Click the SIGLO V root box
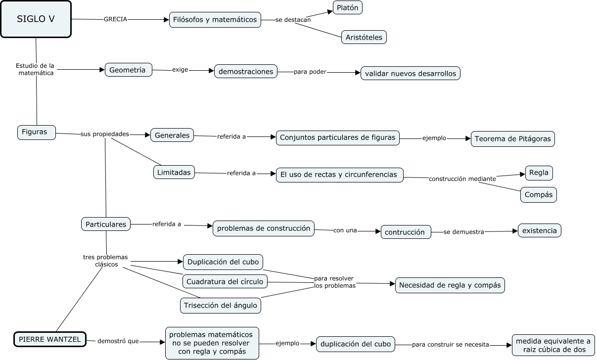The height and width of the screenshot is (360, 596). point(36,19)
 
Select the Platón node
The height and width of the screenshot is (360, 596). point(348,7)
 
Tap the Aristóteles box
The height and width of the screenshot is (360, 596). point(364,37)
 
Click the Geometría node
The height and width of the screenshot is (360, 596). point(129,70)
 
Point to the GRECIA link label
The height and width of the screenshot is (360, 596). point(115,19)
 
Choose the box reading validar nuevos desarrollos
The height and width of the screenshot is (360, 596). point(411,74)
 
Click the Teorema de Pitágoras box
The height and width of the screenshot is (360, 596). point(513,139)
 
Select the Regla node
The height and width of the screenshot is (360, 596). point(539,173)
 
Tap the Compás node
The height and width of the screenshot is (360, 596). point(539,195)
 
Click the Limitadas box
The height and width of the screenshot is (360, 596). point(174,173)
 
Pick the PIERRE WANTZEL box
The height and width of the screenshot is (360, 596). point(50,339)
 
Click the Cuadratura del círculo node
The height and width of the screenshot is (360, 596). point(225,281)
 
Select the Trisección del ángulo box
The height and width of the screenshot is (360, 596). point(220,306)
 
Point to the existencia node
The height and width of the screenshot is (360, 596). point(539,230)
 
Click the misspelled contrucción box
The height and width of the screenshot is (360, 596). point(406,232)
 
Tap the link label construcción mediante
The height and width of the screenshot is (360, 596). point(462,179)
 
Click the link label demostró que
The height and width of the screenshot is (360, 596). point(118,341)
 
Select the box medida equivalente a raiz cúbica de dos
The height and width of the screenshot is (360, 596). point(553,345)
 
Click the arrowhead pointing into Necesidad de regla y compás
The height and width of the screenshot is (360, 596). point(392,284)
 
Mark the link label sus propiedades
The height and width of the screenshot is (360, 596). point(104,134)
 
